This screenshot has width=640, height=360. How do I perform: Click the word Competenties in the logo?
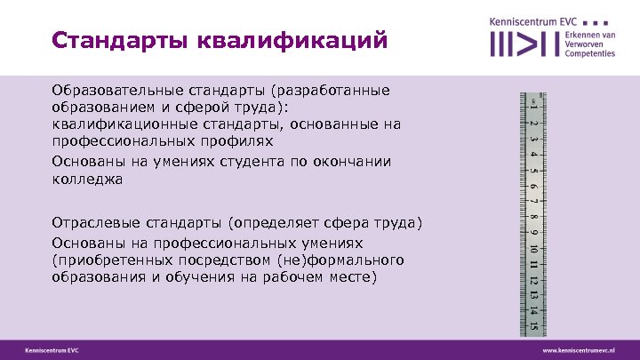pos(589,54)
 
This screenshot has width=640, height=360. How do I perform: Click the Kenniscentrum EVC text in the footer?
pos(52,350)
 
